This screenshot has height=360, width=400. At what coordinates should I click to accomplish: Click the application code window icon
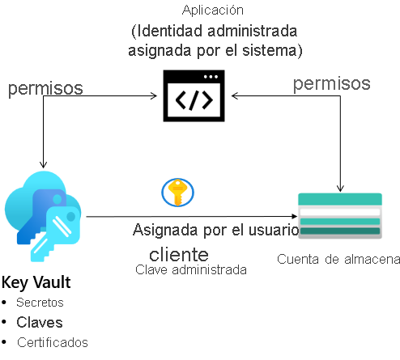coord(194,98)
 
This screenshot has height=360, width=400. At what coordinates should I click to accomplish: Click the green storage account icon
coord(340,216)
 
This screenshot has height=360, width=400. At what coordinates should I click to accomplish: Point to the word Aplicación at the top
coord(214,10)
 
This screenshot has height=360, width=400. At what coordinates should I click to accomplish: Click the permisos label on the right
coord(331,83)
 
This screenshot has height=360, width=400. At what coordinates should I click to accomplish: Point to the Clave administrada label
coord(191,269)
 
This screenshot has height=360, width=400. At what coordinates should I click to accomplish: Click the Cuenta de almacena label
coord(338,259)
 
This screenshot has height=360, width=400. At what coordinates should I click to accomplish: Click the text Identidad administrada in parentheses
coord(214,32)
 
